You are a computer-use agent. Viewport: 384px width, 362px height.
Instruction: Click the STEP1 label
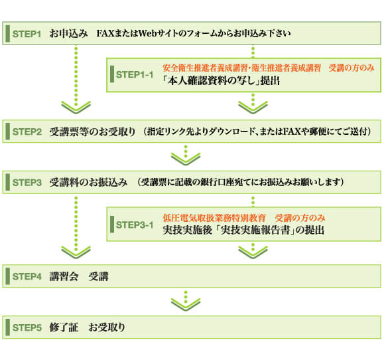click(27, 33)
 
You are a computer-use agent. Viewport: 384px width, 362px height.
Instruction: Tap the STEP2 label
click(27, 132)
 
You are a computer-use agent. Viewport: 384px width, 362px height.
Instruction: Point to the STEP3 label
click(27, 181)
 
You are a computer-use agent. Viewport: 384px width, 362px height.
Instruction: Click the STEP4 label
click(27, 276)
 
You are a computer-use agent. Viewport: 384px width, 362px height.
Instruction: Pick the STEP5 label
click(27, 327)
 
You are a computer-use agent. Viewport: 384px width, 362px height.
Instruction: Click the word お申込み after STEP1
click(68, 33)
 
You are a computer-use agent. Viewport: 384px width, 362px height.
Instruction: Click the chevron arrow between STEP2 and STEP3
click(186, 158)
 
